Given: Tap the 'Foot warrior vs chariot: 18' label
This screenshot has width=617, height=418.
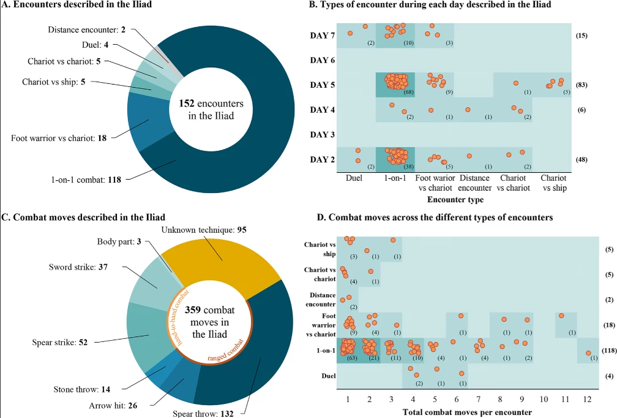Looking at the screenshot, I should click(59, 138).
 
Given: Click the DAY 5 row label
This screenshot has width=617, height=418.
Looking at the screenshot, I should click(322, 85).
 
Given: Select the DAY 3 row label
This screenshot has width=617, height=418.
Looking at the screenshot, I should click(322, 134).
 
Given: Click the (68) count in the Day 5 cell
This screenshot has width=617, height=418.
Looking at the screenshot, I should click(407, 92).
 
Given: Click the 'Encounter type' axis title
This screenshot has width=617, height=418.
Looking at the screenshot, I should click(455, 200).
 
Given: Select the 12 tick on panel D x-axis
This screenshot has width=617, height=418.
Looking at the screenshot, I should click(587, 398).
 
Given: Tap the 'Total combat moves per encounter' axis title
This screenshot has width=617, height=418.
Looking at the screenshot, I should click(466, 412).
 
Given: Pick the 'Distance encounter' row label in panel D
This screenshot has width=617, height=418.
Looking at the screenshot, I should click(320, 298).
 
